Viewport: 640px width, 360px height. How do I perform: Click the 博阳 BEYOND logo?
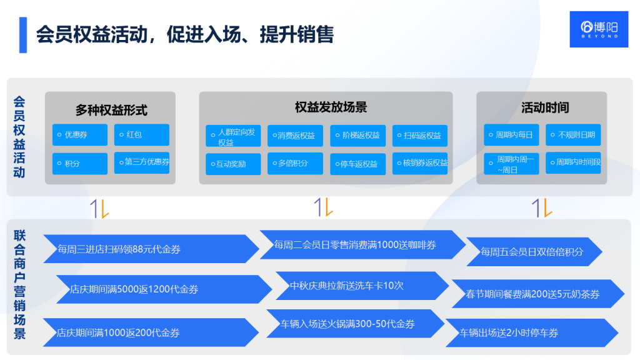pos(599,29)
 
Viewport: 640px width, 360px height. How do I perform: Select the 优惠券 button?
pos(80,135)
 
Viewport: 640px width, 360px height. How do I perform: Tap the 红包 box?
pos(142,135)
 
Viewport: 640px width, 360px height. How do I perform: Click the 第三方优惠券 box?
pos(142,162)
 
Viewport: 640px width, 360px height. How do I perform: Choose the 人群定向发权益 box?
pos(233,136)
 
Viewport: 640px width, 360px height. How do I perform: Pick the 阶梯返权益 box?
pos(357,136)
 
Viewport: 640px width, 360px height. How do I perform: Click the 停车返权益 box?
pos(357,164)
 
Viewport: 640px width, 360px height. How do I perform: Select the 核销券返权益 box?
pos(420,163)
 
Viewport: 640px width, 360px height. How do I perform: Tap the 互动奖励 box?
pos(233,164)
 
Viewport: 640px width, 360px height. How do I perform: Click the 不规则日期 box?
pos(573,135)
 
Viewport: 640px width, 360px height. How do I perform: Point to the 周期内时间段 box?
pos(573,163)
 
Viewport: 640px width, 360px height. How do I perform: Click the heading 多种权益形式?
pos(111,111)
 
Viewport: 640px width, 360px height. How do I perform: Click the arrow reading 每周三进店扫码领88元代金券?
pos(150,249)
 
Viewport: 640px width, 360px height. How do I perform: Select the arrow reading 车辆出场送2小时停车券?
pos(531,332)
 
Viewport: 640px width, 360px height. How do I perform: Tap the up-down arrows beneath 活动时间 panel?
pos(541,207)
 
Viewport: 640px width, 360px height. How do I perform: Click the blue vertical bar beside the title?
pos(23,35)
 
